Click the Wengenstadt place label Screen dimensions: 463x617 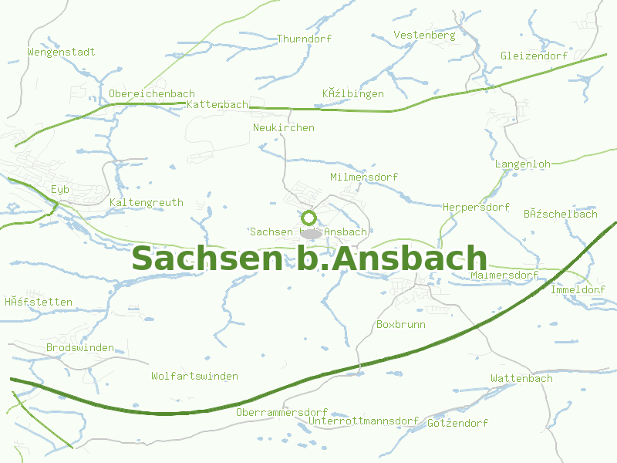(61, 52)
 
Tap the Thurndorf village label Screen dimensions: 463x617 (303, 39)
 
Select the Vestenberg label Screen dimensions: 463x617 (424, 35)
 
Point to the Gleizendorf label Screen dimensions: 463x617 (534, 56)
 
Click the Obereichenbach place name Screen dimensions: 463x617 (152, 94)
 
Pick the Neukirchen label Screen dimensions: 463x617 (284, 127)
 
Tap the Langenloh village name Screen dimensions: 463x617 (522, 164)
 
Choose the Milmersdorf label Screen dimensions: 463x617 (364, 177)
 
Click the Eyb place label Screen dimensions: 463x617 (60, 190)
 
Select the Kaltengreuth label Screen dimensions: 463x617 (147, 203)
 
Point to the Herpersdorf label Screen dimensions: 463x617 (476, 208)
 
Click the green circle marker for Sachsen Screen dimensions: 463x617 (309, 218)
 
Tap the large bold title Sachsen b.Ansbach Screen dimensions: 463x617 (309, 259)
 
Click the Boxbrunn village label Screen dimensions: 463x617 (400, 325)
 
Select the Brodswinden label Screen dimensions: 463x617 (80, 348)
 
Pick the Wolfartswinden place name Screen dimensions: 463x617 (194, 377)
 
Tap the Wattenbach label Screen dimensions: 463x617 (521, 379)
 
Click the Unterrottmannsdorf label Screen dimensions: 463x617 (363, 422)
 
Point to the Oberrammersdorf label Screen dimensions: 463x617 (282, 413)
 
